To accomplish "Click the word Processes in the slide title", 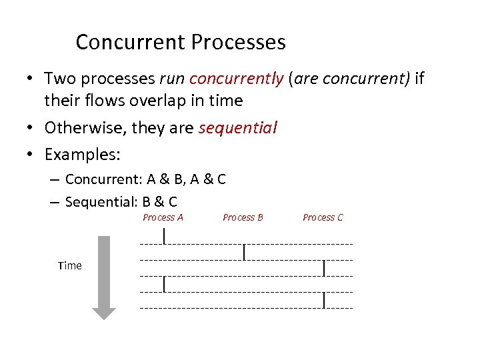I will (238, 43).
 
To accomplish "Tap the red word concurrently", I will (237, 79).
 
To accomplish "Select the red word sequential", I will (238, 127).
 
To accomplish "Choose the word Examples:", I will (82, 155).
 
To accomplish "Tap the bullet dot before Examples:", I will (31, 155).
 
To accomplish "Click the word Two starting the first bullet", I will (59, 79).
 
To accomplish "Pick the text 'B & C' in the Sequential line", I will (159, 201).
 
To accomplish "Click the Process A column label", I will (163, 217).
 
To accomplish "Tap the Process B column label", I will (243, 217).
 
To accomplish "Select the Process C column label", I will (323, 217).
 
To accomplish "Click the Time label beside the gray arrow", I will (70, 265).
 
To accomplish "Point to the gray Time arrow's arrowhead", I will (103, 312).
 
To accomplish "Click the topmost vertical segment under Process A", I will (164, 235).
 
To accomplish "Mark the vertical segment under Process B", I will (245, 252).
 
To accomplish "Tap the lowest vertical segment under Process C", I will (324, 300).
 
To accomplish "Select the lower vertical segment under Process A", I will (164, 284).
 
